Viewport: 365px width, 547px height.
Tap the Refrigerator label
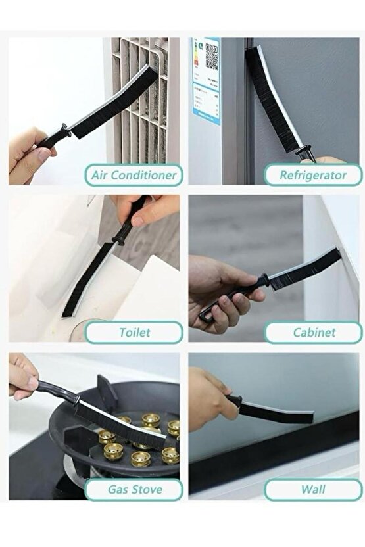pos(313,175)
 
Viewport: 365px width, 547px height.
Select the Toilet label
pos(134,332)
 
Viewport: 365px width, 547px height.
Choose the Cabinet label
pos(313,332)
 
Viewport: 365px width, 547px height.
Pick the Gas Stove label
pos(134,489)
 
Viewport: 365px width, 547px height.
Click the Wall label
pos(313,489)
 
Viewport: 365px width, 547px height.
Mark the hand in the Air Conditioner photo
pos(30,155)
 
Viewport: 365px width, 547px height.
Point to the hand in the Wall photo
pos(207,394)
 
